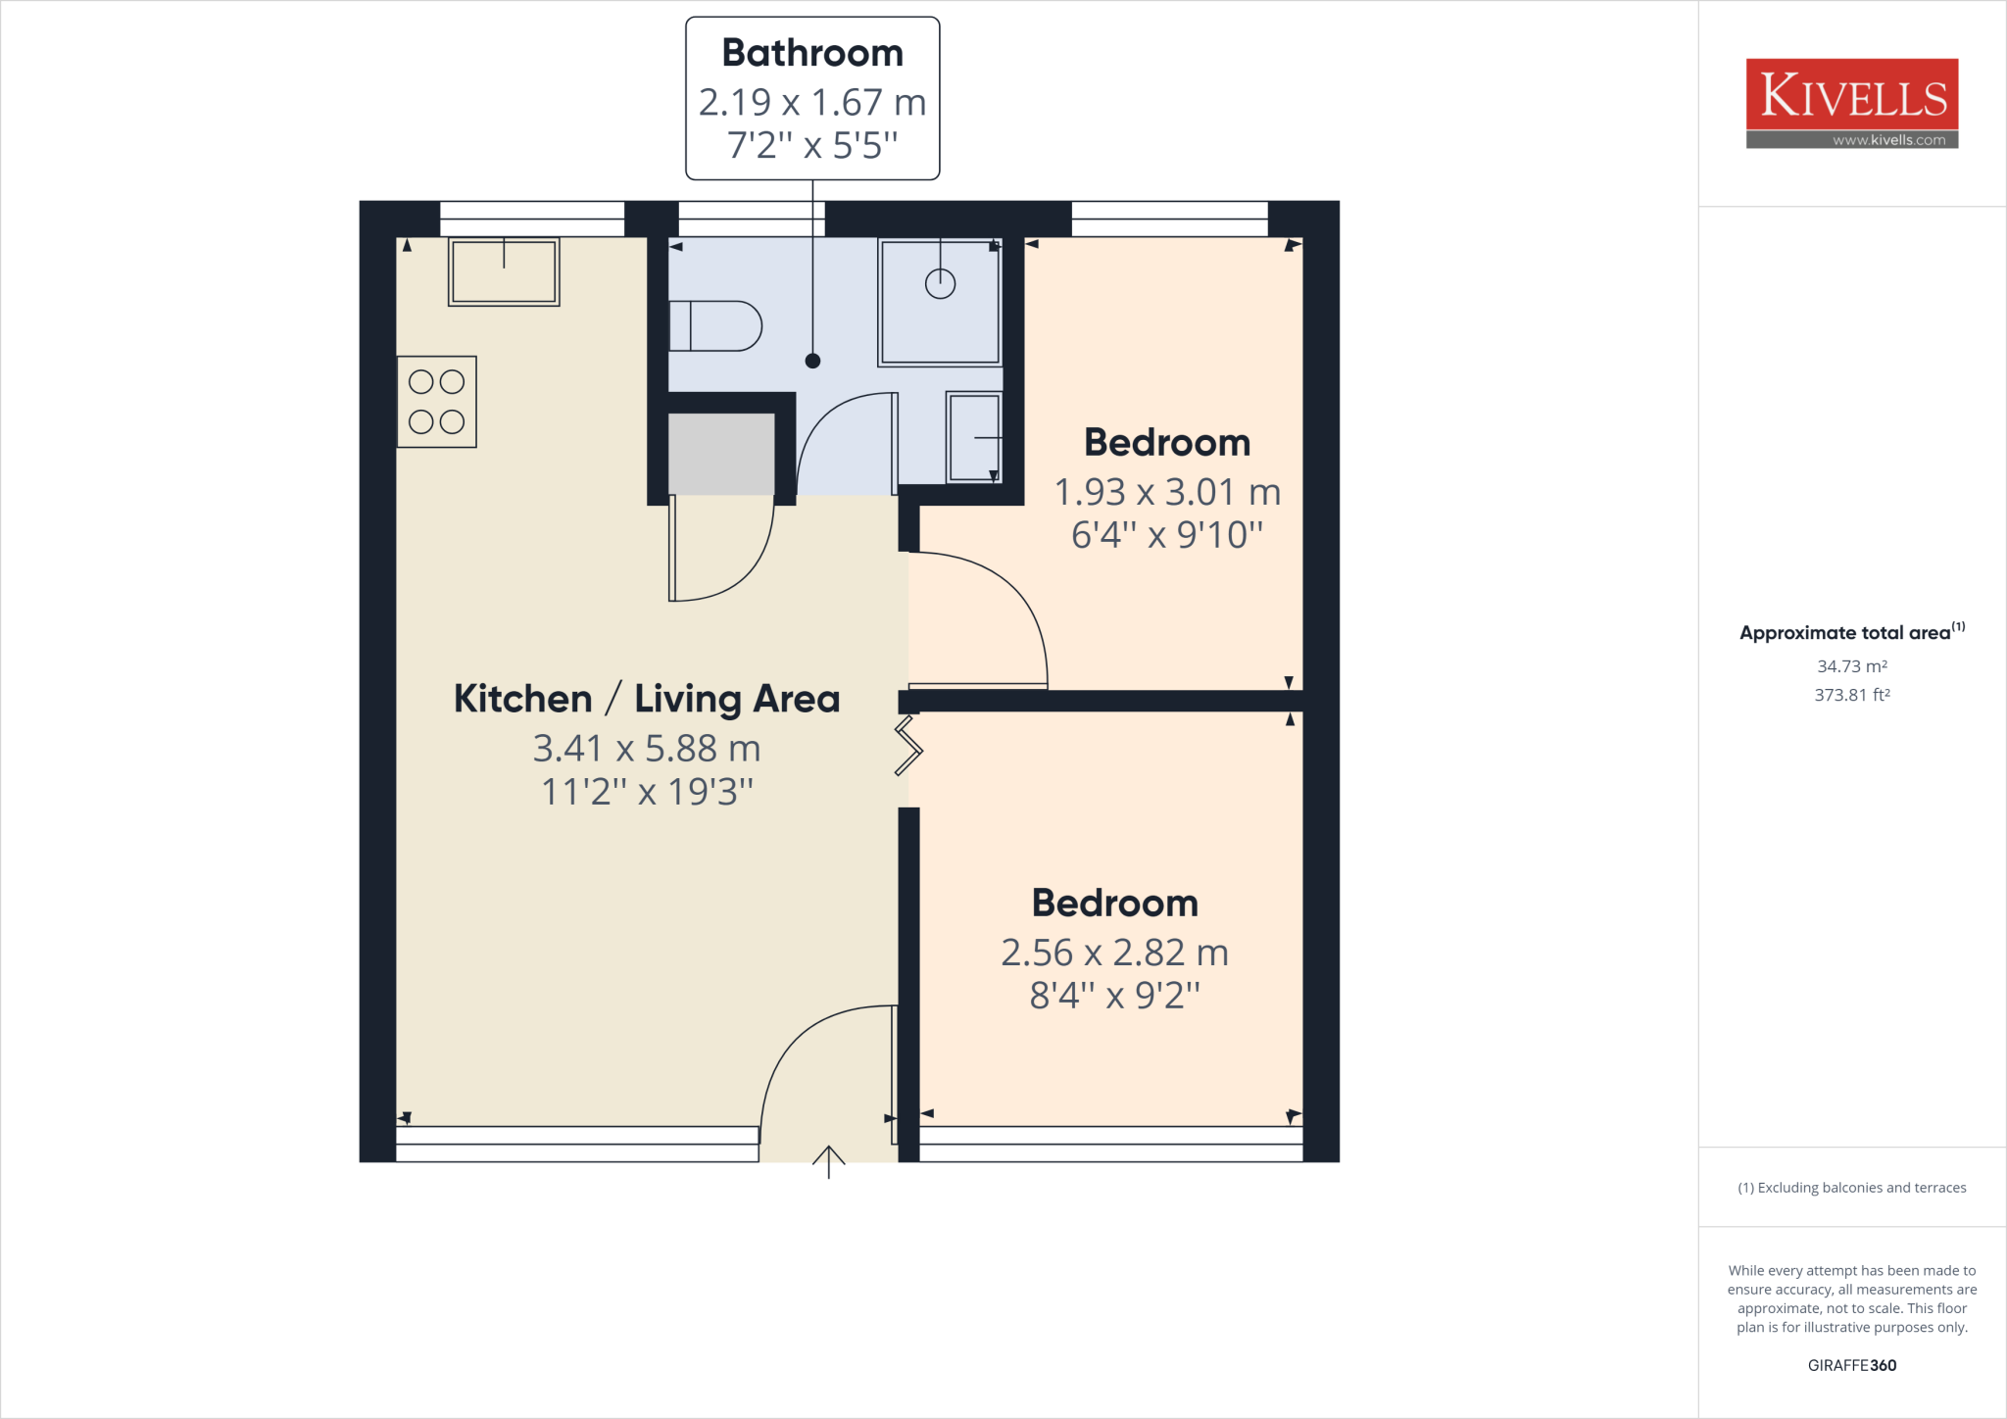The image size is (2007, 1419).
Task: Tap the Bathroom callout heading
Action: pyautogui.click(x=812, y=53)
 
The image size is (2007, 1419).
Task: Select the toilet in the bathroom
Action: pyautogui.click(x=716, y=326)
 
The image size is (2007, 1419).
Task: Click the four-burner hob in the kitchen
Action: pyautogui.click(x=437, y=402)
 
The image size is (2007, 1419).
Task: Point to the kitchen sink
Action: pyautogui.click(x=504, y=271)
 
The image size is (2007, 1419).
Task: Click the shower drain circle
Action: pyautogui.click(x=940, y=284)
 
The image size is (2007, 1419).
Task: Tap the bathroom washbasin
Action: pyautogui.click(x=974, y=437)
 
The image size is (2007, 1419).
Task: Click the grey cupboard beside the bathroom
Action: pyautogui.click(x=721, y=454)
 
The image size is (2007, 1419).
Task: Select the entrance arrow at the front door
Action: pyautogui.click(x=829, y=1161)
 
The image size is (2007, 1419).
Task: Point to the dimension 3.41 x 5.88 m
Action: pyautogui.click(x=647, y=749)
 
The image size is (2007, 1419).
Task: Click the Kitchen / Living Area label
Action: pyautogui.click(x=647, y=699)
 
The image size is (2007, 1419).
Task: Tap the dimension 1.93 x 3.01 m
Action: pyautogui.click(x=1167, y=492)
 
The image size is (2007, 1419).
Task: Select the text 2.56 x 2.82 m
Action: pyautogui.click(x=1114, y=953)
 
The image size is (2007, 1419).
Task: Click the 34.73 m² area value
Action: pyautogui.click(x=1851, y=666)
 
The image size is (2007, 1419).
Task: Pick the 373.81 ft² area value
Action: pyautogui.click(x=1851, y=695)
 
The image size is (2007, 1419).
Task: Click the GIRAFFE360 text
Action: pyautogui.click(x=1851, y=1365)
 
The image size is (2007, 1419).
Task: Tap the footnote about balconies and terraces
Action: pyautogui.click(x=1851, y=1188)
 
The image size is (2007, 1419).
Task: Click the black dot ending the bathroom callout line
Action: pyautogui.click(x=812, y=361)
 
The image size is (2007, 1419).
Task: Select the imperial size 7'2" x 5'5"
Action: pyautogui.click(x=812, y=145)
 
